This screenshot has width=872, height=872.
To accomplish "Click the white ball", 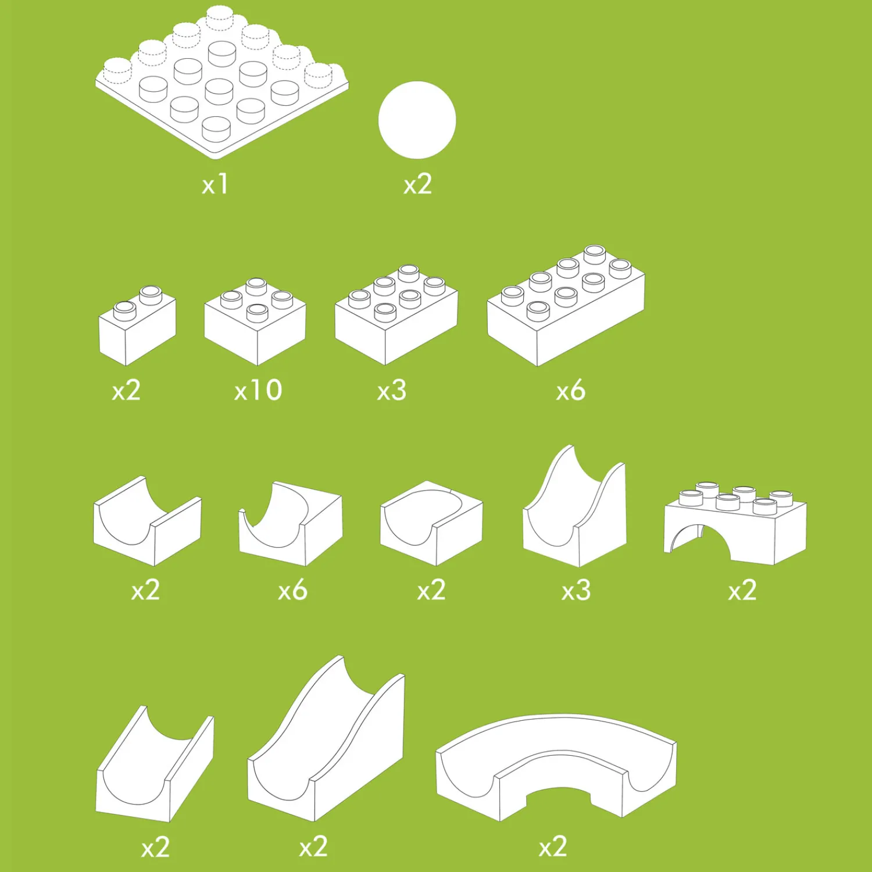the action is click(x=417, y=120).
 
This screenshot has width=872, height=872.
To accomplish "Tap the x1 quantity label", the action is click(x=215, y=184).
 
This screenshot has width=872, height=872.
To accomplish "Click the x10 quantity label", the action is click(x=258, y=390).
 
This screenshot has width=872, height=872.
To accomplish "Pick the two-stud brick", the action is click(x=138, y=326).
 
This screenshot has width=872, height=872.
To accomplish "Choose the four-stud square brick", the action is click(x=255, y=321).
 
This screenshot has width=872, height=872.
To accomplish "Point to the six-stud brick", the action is click(x=396, y=315).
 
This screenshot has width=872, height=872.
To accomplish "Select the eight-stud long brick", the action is click(x=566, y=306).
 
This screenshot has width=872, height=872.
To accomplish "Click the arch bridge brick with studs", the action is click(x=735, y=523).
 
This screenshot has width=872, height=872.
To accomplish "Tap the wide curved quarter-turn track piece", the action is click(x=556, y=767).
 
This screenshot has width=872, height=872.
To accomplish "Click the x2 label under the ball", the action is click(x=418, y=184).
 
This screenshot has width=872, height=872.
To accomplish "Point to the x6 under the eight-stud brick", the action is click(x=570, y=390).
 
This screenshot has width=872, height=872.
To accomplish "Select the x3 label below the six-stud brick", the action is click(x=392, y=390).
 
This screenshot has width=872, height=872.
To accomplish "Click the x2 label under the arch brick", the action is click(x=742, y=591).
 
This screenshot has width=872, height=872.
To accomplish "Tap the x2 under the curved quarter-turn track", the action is click(x=553, y=846).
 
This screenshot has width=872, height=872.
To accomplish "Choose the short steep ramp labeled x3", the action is click(x=575, y=506).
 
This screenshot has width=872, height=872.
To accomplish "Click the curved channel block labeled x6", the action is click(x=291, y=523).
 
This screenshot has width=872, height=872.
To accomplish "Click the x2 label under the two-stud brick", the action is click(x=126, y=390).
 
